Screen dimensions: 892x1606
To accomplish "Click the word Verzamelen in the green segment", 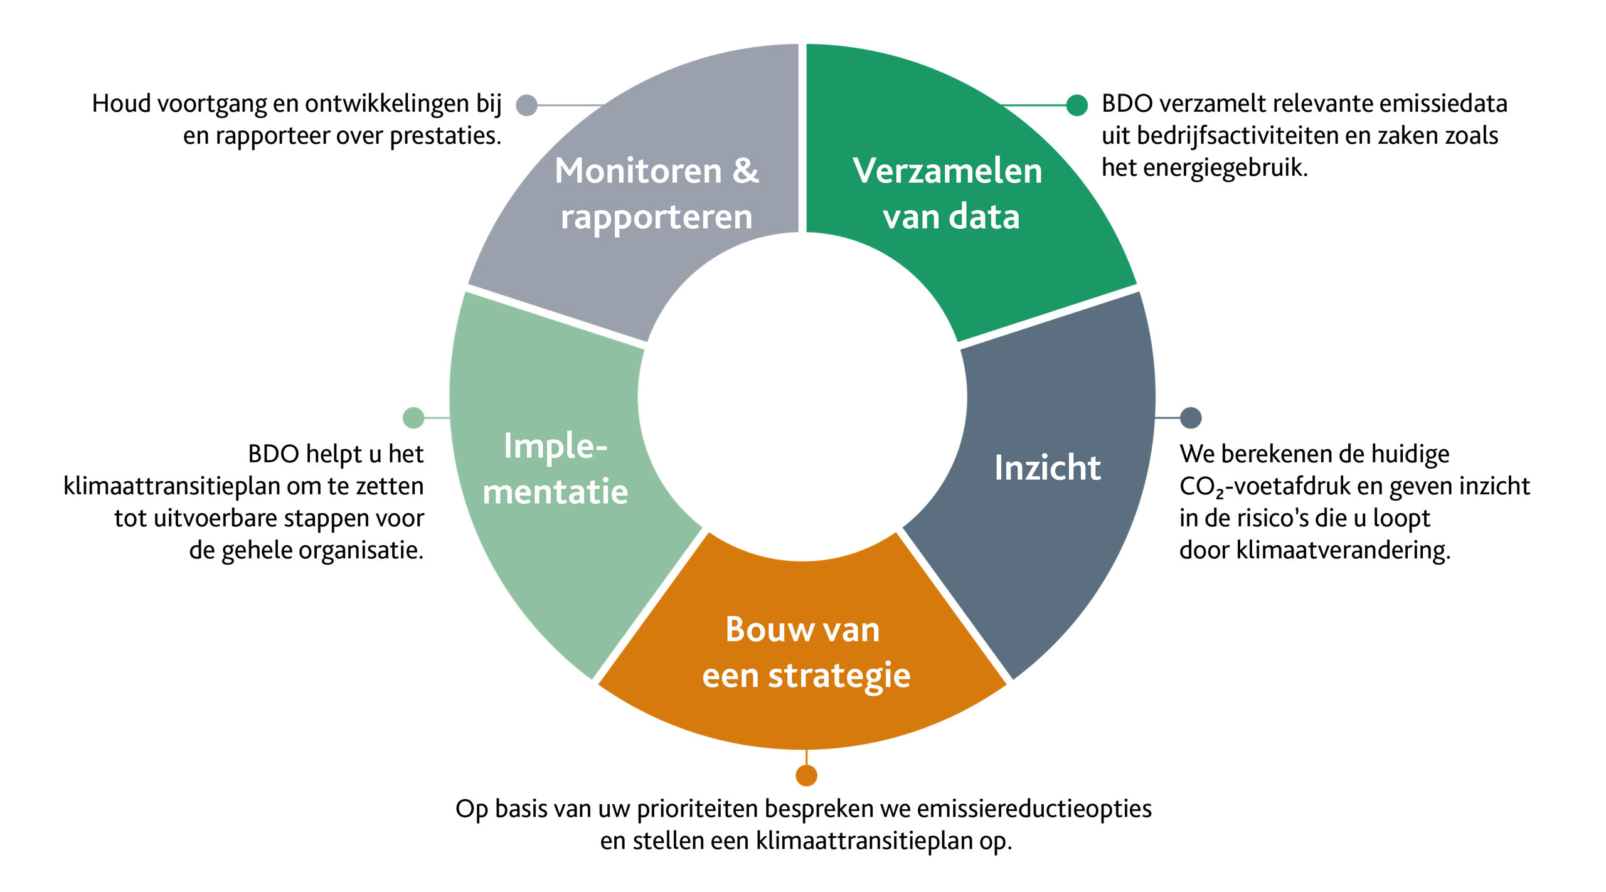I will click(x=947, y=171).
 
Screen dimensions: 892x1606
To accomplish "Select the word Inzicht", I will click(x=1047, y=468).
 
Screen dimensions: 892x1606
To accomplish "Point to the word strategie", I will click(x=839, y=676).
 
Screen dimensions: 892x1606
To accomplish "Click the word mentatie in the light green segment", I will click(x=555, y=491).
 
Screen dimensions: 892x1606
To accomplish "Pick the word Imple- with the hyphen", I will click(x=555, y=446).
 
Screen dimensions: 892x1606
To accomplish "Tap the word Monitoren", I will click(x=638, y=171).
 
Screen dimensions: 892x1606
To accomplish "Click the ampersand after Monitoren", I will click(x=745, y=171).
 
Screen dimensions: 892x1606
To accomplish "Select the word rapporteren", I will click(x=656, y=218).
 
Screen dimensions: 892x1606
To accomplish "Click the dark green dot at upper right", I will click(x=1077, y=105).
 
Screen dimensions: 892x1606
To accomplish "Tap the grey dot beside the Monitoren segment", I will click(x=526, y=105).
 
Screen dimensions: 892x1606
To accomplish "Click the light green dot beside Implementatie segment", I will click(x=413, y=418).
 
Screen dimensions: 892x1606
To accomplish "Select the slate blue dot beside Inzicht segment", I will click(x=1191, y=418).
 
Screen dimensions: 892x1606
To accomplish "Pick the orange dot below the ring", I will click(x=806, y=775).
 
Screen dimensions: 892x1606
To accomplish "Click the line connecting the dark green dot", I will click(x=1035, y=105).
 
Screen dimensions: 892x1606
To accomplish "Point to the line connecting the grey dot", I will click(x=568, y=105).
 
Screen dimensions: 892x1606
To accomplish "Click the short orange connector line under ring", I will click(x=806, y=757).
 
